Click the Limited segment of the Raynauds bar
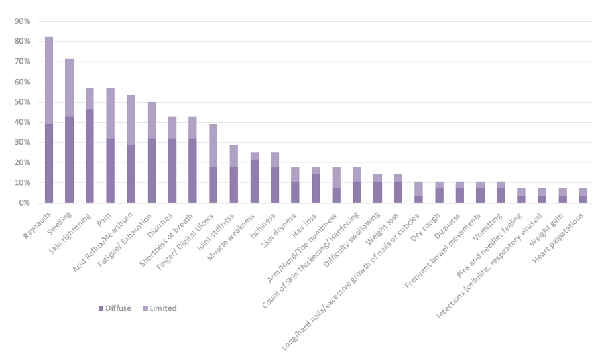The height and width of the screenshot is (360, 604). coord(49,80)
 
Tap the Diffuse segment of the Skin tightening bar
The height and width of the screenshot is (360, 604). coord(90,156)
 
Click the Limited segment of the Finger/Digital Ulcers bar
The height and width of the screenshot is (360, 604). coord(213,145)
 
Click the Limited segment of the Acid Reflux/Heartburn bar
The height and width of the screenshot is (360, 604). coord(131,120)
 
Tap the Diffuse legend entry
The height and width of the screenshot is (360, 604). coord(117,308)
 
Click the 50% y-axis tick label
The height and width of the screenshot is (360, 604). coord(22,102)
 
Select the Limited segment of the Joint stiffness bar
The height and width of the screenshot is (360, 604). coord(234,156)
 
